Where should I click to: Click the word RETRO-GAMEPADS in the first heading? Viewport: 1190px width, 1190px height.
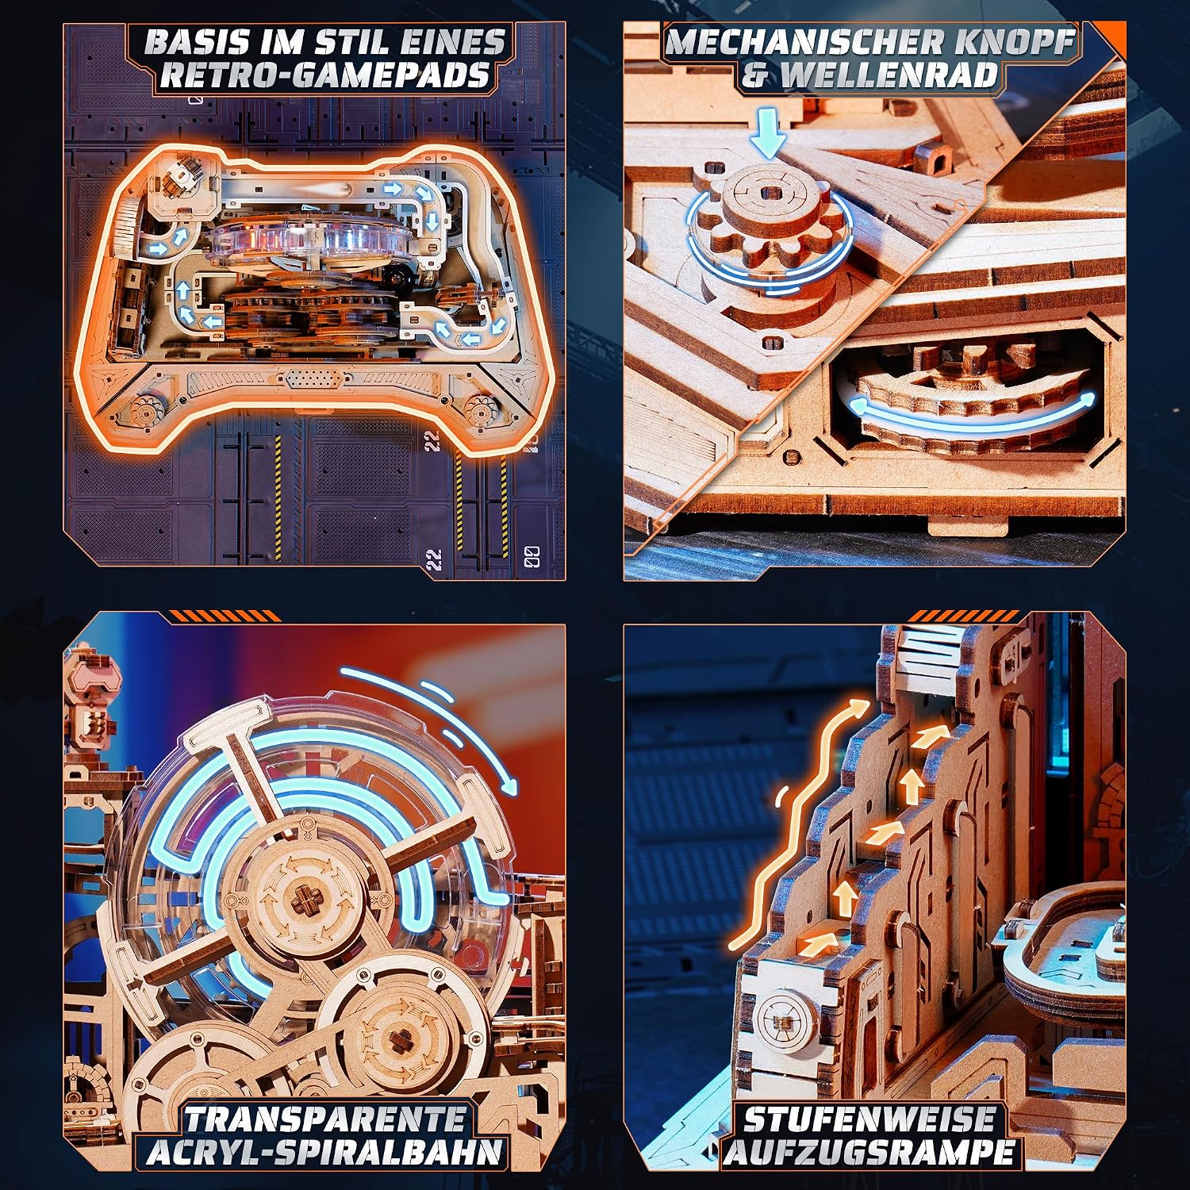(324, 75)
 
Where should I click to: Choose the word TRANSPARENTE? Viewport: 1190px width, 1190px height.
(324, 1119)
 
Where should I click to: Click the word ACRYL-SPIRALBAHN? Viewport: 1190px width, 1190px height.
(324, 1152)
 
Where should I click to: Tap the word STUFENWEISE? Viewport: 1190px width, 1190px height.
(869, 1119)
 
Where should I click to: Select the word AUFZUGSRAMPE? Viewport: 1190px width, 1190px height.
(869, 1152)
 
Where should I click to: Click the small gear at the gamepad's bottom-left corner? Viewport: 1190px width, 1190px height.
(145, 409)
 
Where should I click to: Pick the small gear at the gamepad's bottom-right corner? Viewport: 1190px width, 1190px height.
(480, 409)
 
